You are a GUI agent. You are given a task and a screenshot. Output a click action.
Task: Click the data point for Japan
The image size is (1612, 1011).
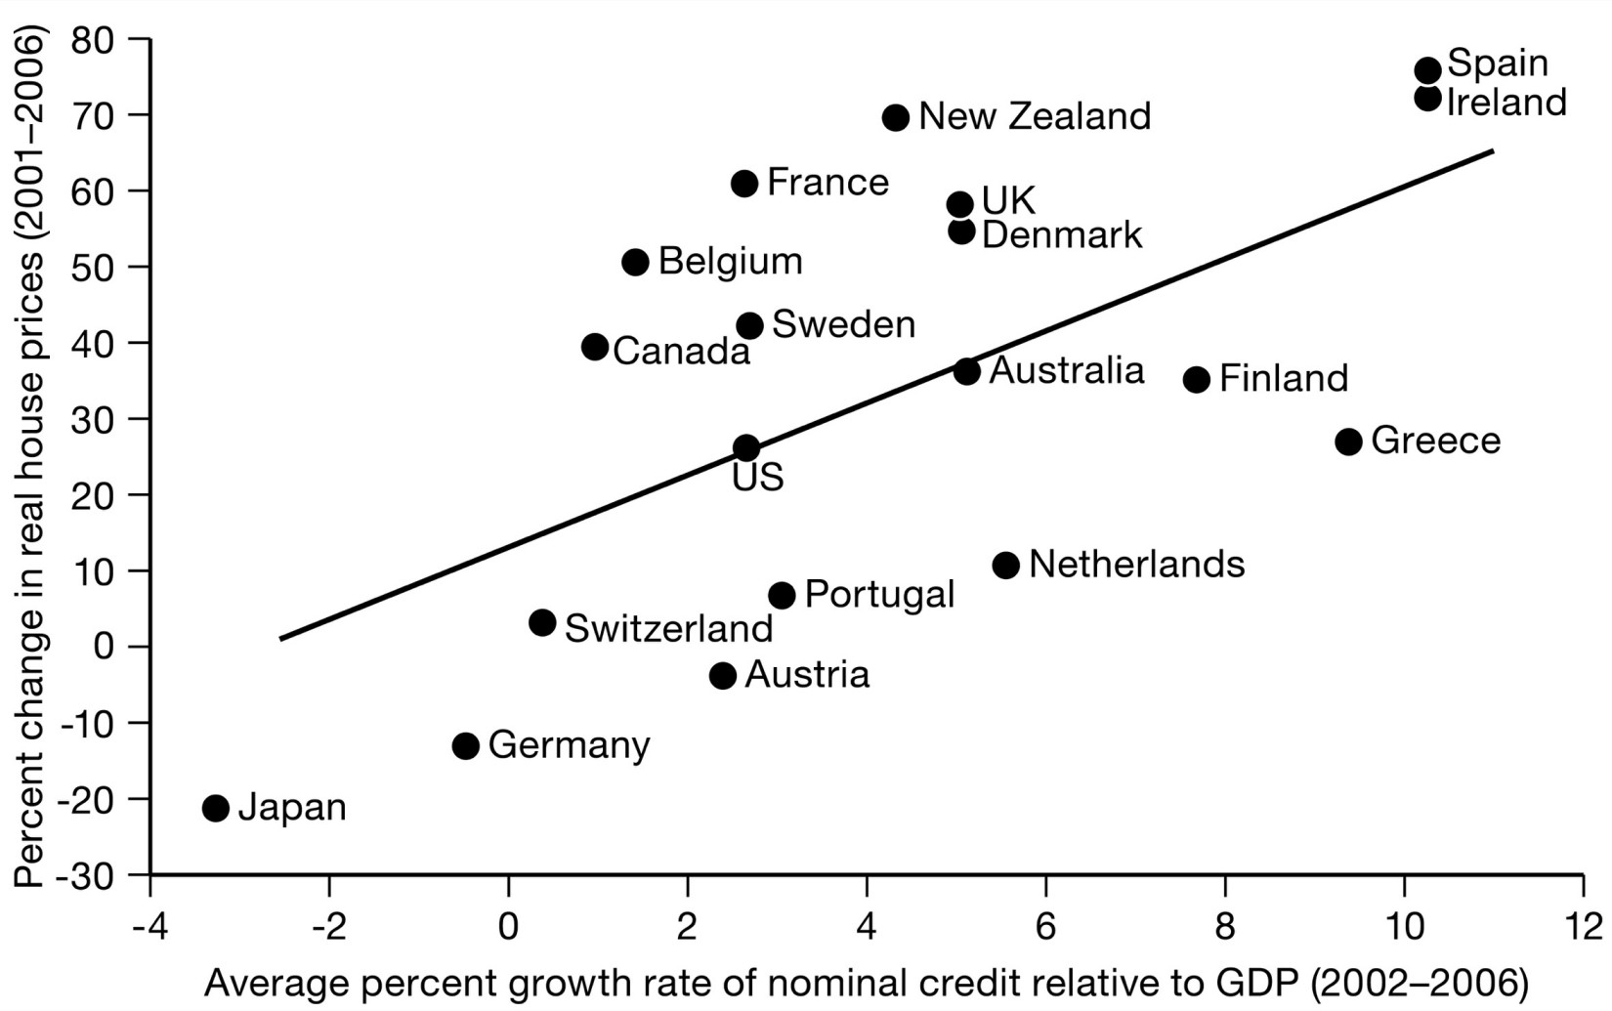[x=216, y=809]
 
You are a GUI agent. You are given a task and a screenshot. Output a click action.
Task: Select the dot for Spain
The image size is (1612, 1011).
[x=1427, y=70]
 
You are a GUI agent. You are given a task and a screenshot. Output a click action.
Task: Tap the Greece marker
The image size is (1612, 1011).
[x=1348, y=442]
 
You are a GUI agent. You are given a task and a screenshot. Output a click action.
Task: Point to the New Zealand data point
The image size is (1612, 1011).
[x=896, y=118]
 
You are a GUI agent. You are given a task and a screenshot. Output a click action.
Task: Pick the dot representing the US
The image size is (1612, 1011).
[x=746, y=448]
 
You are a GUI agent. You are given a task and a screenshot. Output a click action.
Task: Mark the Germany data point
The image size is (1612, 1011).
[x=466, y=746]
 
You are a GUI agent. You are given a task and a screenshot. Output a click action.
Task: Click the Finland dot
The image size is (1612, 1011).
[x=1197, y=380]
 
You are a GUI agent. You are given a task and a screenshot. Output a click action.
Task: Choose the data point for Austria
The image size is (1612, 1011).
[x=723, y=676]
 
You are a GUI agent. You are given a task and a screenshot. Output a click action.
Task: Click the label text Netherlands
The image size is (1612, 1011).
[x=1136, y=565]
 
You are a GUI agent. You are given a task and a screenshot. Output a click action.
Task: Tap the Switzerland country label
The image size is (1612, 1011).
[x=668, y=629]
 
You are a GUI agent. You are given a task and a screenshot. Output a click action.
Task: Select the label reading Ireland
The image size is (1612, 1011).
[x=1506, y=103]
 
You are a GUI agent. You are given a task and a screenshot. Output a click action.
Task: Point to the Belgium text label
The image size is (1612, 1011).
[x=730, y=262]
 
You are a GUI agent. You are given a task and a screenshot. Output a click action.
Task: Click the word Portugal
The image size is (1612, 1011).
[x=879, y=595]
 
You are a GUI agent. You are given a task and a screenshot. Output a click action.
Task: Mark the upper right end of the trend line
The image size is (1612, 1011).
[x=1492, y=151]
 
